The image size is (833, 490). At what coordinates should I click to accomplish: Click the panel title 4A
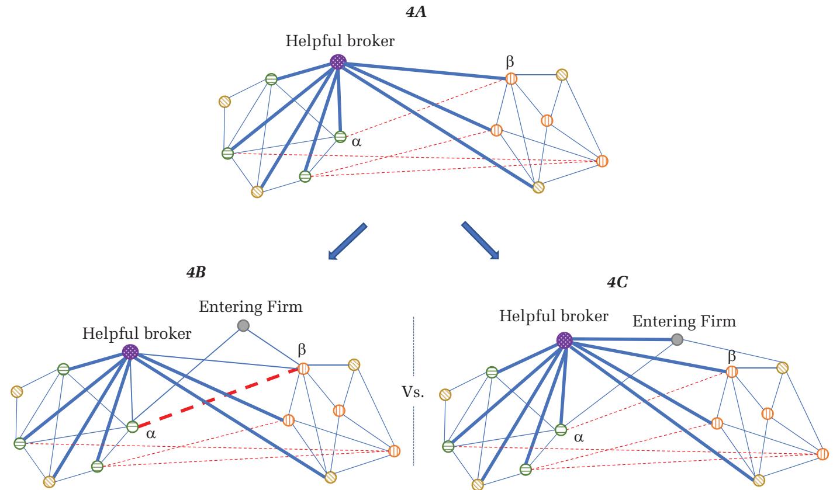click(x=416, y=11)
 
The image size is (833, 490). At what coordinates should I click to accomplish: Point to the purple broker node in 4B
click(x=130, y=351)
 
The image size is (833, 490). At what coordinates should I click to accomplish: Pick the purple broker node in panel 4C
click(x=564, y=340)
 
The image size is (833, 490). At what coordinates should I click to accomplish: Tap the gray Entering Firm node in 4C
click(x=676, y=339)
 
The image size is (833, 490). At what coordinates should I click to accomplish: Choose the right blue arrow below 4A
click(x=481, y=239)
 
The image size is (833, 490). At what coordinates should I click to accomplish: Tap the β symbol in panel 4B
click(x=302, y=350)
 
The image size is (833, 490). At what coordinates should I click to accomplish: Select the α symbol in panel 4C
click(x=579, y=437)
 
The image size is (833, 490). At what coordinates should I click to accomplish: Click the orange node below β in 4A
click(x=496, y=130)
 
